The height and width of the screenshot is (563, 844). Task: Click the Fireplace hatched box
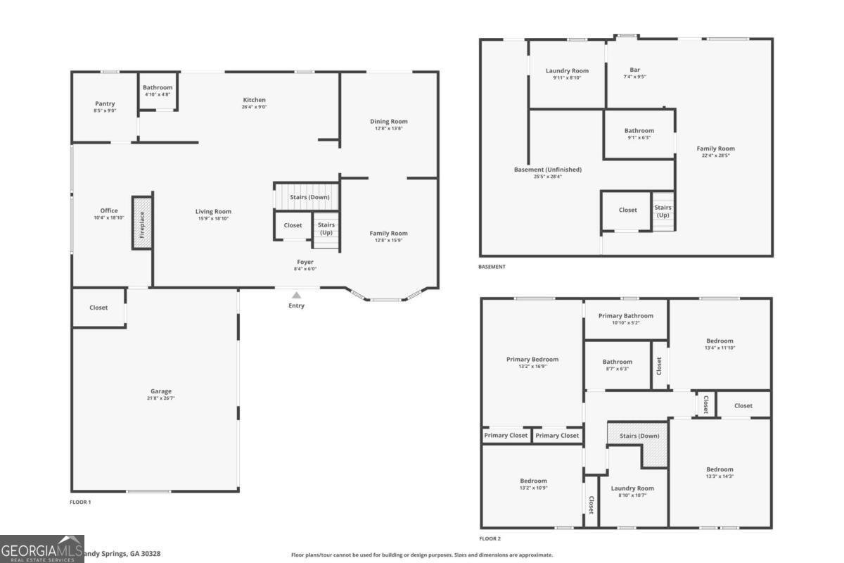(x=142, y=222)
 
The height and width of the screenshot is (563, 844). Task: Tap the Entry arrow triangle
(x=297, y=296)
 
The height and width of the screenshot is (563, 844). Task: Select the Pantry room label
(x=104, y=103)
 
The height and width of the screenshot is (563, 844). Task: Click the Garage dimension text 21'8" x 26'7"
(x=161, y=398)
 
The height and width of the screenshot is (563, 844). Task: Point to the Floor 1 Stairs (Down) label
(x=309, y=197)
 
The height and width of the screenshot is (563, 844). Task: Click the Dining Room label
(x=389, y=122)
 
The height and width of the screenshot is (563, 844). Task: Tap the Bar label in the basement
(x=635, y=70)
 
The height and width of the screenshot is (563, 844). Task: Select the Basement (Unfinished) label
(x=548, y=170)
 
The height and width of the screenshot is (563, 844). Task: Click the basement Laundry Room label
(x=567, y=70)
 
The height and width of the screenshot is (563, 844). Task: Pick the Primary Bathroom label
(x=626, y=316)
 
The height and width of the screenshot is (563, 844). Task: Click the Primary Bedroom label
(x=532, y=360)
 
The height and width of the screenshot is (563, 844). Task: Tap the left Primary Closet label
(x=506, y=436)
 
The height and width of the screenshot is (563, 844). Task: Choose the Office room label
(x=109, y=210)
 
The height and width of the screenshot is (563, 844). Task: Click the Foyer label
(x=305, y=262)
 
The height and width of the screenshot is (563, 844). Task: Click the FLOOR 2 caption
(x=490, y=539)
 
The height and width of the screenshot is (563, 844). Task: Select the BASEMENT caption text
(x=492, y=267)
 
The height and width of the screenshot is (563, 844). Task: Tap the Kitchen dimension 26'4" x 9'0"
(x=254, y=107)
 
